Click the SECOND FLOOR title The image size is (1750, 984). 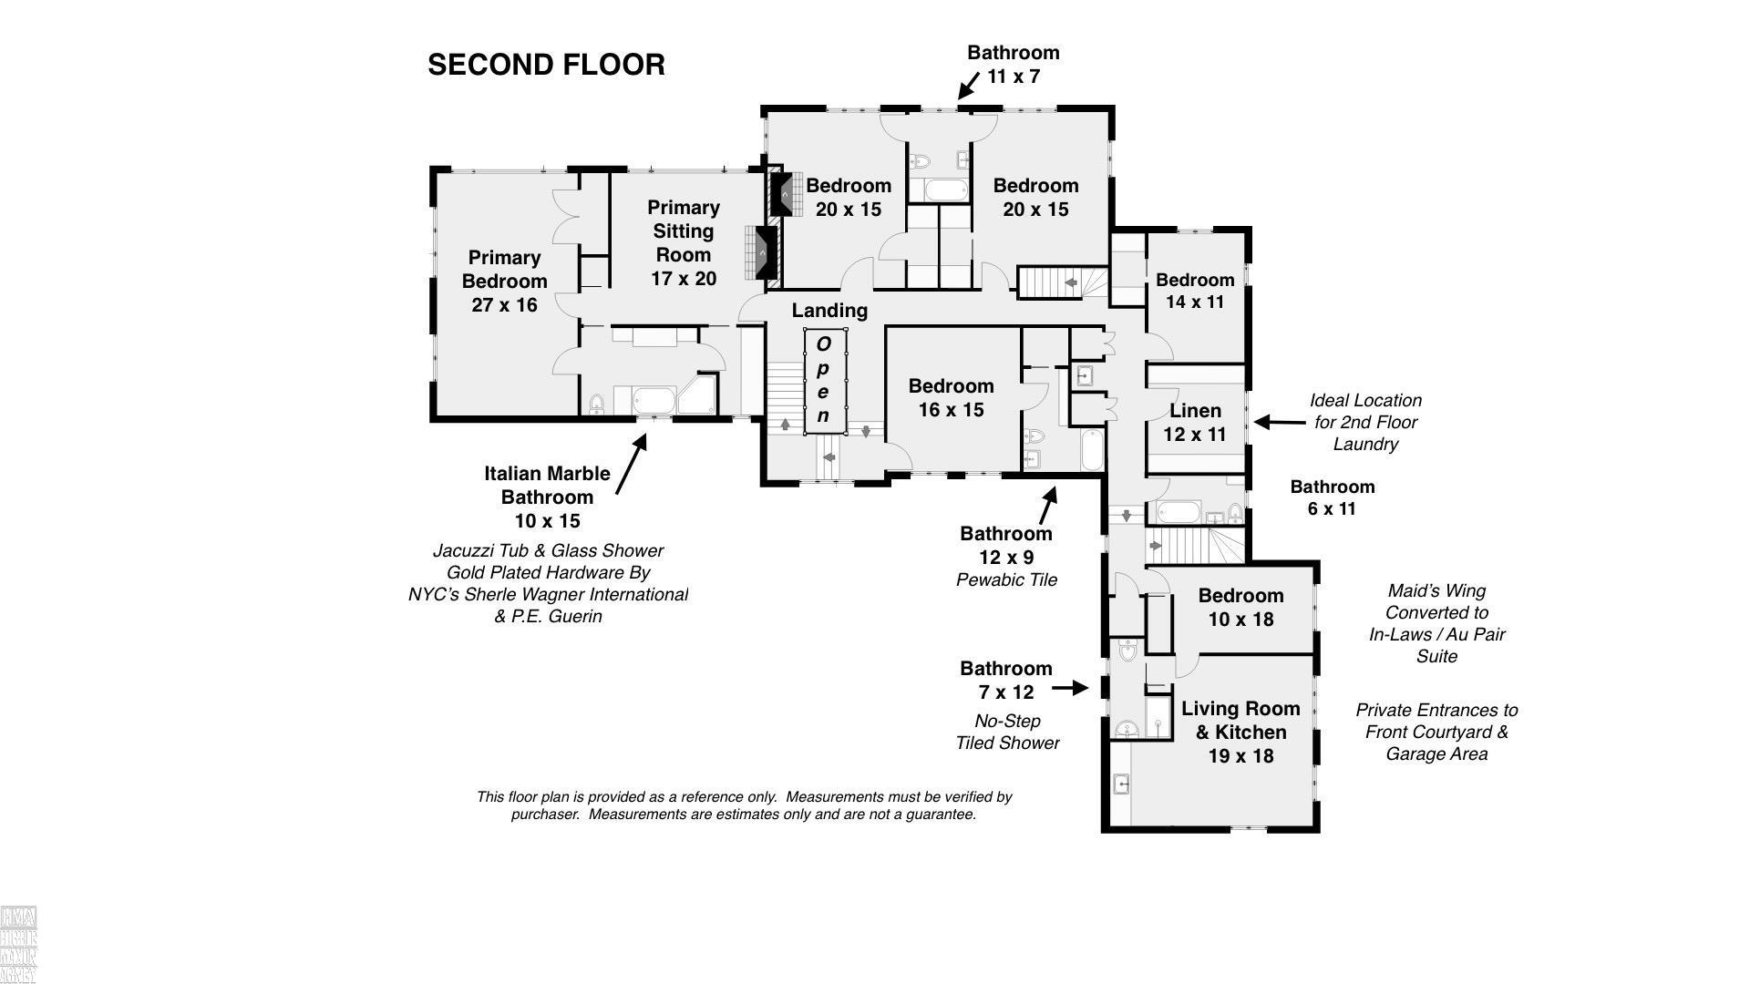[x=546, y=65]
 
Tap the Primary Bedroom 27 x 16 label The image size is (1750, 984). [x=504, y=282]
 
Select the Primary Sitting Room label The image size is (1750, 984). [x=684, y=243]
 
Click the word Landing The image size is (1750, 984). [x=829, y=311]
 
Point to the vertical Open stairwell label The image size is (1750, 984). [x=823, y=380]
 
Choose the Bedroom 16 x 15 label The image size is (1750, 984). [x=951, y=398]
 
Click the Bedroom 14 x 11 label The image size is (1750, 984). [x=1195, y=291]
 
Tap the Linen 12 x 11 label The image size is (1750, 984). [x=1195, y=423]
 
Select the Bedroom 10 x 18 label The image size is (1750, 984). [x=1240, y=608]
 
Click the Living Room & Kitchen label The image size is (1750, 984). [x=1240, y=733]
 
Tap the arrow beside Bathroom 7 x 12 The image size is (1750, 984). [x=1070, y=688]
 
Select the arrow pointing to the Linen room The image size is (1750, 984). [x=1280, y=422]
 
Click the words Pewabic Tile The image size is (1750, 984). [x=1006, y=580]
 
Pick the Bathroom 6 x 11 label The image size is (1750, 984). [x=1332, y=497]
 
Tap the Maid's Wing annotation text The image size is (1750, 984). [x=1436, y=623]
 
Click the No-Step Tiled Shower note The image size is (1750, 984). [x=1007, y=732]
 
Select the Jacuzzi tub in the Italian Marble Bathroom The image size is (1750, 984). [x=651, y=400]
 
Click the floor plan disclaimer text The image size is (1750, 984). [x=744, y=805]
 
